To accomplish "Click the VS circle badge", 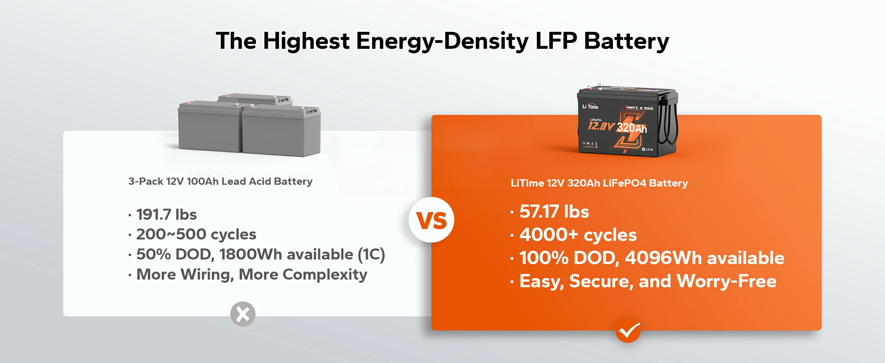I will click(431, 220).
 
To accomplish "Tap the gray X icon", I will click(243, 314).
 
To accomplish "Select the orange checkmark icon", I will click(628, 330).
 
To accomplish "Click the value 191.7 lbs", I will click(166, 215).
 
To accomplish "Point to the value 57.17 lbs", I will click(554, 211).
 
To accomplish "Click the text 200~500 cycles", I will click(196, 234).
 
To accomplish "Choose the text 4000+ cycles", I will click(578, 235).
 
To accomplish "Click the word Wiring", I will click(207, 275).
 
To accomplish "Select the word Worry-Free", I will click(726, 281).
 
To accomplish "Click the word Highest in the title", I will click(306, 41).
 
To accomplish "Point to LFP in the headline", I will click(556, 41).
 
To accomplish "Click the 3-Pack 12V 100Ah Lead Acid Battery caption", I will click(220, 181).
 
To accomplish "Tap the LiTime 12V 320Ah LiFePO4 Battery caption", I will click(599, 183).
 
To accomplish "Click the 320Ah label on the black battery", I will click(632, 128).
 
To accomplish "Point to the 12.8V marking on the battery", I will click(601, 126).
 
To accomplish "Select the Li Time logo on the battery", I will click(590, 107).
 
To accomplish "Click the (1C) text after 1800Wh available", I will click(371, 254).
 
